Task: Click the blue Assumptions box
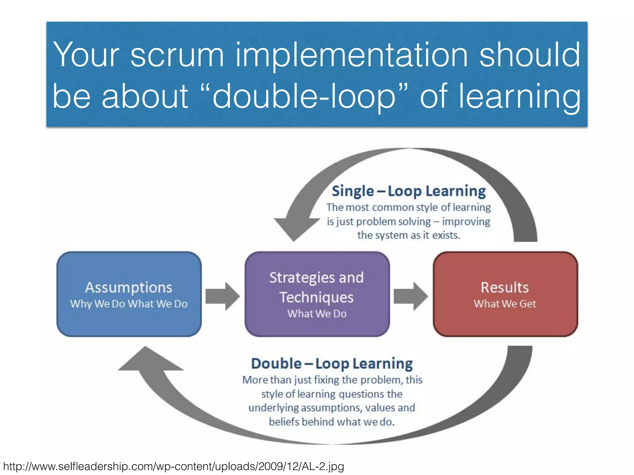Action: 129,294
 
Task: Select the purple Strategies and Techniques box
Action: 317,294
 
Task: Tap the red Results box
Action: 505,294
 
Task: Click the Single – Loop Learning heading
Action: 409,191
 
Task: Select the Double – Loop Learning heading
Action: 332,364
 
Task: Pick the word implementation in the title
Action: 351,56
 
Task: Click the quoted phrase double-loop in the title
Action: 303,96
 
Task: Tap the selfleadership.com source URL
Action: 173,466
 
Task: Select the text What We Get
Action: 505,304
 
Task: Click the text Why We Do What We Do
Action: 129,304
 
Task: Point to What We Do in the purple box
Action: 317,314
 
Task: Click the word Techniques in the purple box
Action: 316,297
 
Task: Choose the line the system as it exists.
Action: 409,235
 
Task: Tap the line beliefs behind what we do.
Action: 332,422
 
